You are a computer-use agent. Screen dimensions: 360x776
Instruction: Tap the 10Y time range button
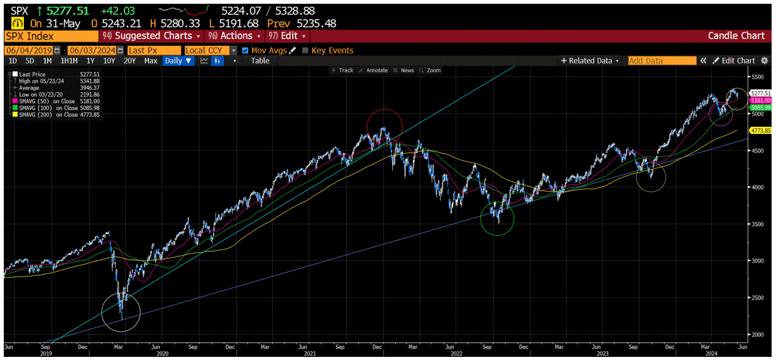tap(109, 61)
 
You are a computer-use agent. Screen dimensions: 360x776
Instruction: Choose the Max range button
tap(151, 61)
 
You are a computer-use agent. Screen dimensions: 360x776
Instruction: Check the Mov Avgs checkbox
tap(245, 50)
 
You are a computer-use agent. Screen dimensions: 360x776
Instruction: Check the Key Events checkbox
tap(306, 50)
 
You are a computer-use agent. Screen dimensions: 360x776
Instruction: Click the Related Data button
tap(590, 61)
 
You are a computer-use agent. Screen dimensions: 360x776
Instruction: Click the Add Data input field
tap(662, 61)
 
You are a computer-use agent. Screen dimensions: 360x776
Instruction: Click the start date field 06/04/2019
tap(29, 50)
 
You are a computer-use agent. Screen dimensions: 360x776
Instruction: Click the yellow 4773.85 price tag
tap(760, 130)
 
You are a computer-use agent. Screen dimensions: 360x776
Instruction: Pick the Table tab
tap(260, 61)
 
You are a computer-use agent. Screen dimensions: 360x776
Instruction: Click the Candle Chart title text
tap(736, 36)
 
